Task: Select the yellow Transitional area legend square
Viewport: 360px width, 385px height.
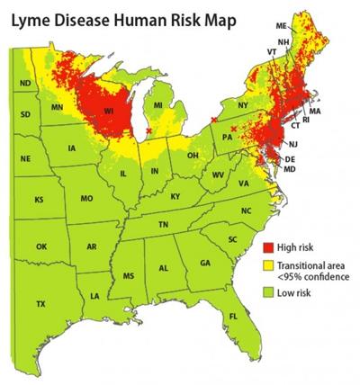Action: (265, 268)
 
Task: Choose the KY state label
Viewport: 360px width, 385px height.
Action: (175, 195)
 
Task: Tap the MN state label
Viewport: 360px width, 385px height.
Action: (58, 109)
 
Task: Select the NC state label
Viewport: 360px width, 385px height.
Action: (247, 210)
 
